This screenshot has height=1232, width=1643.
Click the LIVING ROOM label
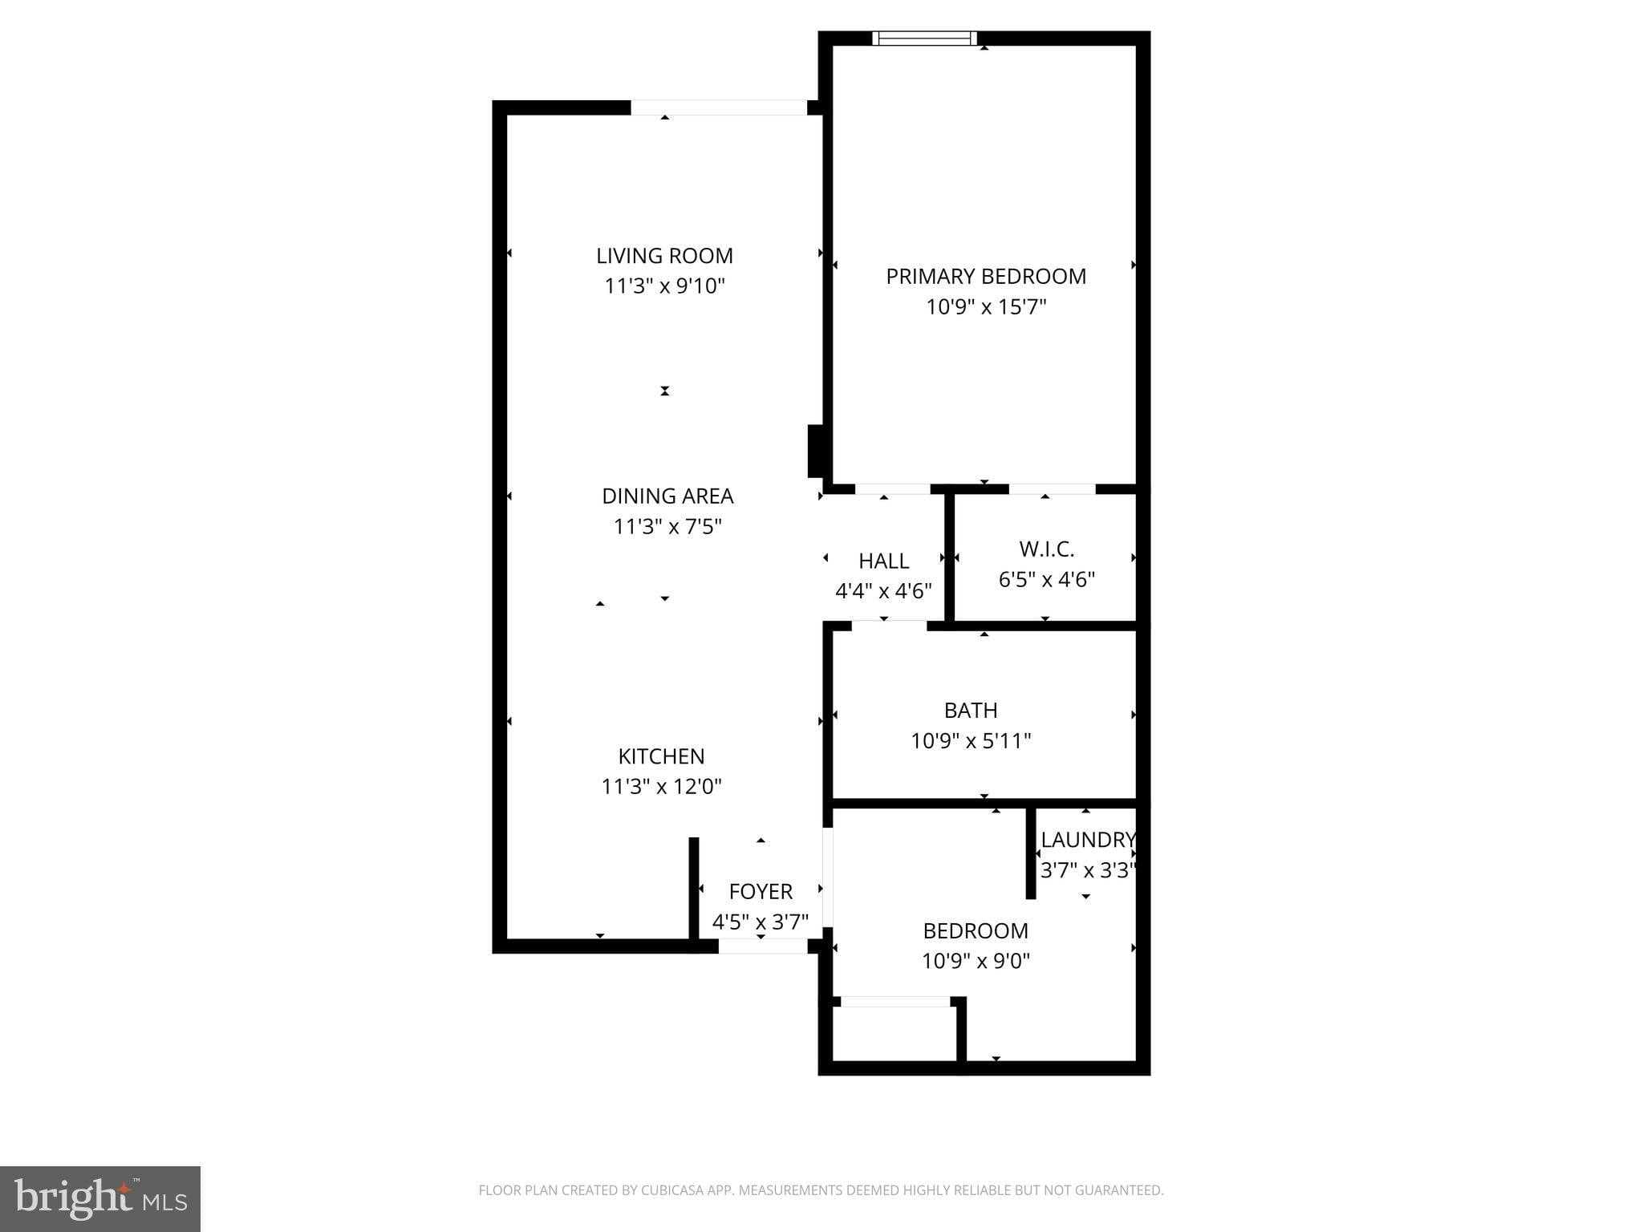[x=664, y=256]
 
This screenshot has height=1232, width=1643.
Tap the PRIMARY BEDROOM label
[x=986, y=277]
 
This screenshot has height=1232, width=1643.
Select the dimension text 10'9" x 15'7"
[x=986, y=307]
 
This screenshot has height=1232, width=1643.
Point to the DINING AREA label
[x=667, y=496]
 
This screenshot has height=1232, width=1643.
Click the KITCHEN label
[x=661, y=756]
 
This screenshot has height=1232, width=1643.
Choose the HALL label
[x=883, y=561]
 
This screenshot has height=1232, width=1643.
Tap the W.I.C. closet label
[x=1046, y=549]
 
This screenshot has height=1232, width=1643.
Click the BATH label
[x=971, y=711]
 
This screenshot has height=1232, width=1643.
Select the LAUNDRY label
[x=1087, y=840]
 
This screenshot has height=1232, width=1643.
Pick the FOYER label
[x=761, y=892]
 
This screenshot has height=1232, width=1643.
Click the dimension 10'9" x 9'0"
[x=976, y=961]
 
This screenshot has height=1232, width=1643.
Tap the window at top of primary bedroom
[x=924, y=38]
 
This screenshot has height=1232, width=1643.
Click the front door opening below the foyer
[x=762, y=946]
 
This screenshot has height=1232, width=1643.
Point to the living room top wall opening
[x=718, y=108]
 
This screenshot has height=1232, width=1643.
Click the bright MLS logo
[x=100, y=1199]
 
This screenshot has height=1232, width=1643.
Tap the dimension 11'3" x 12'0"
[x=661, y=787]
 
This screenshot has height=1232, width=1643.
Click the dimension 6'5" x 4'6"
[x=1046, y=580]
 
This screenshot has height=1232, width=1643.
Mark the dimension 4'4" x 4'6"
[x=883, y=592]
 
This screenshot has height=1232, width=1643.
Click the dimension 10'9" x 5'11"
[x=971, y=741]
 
